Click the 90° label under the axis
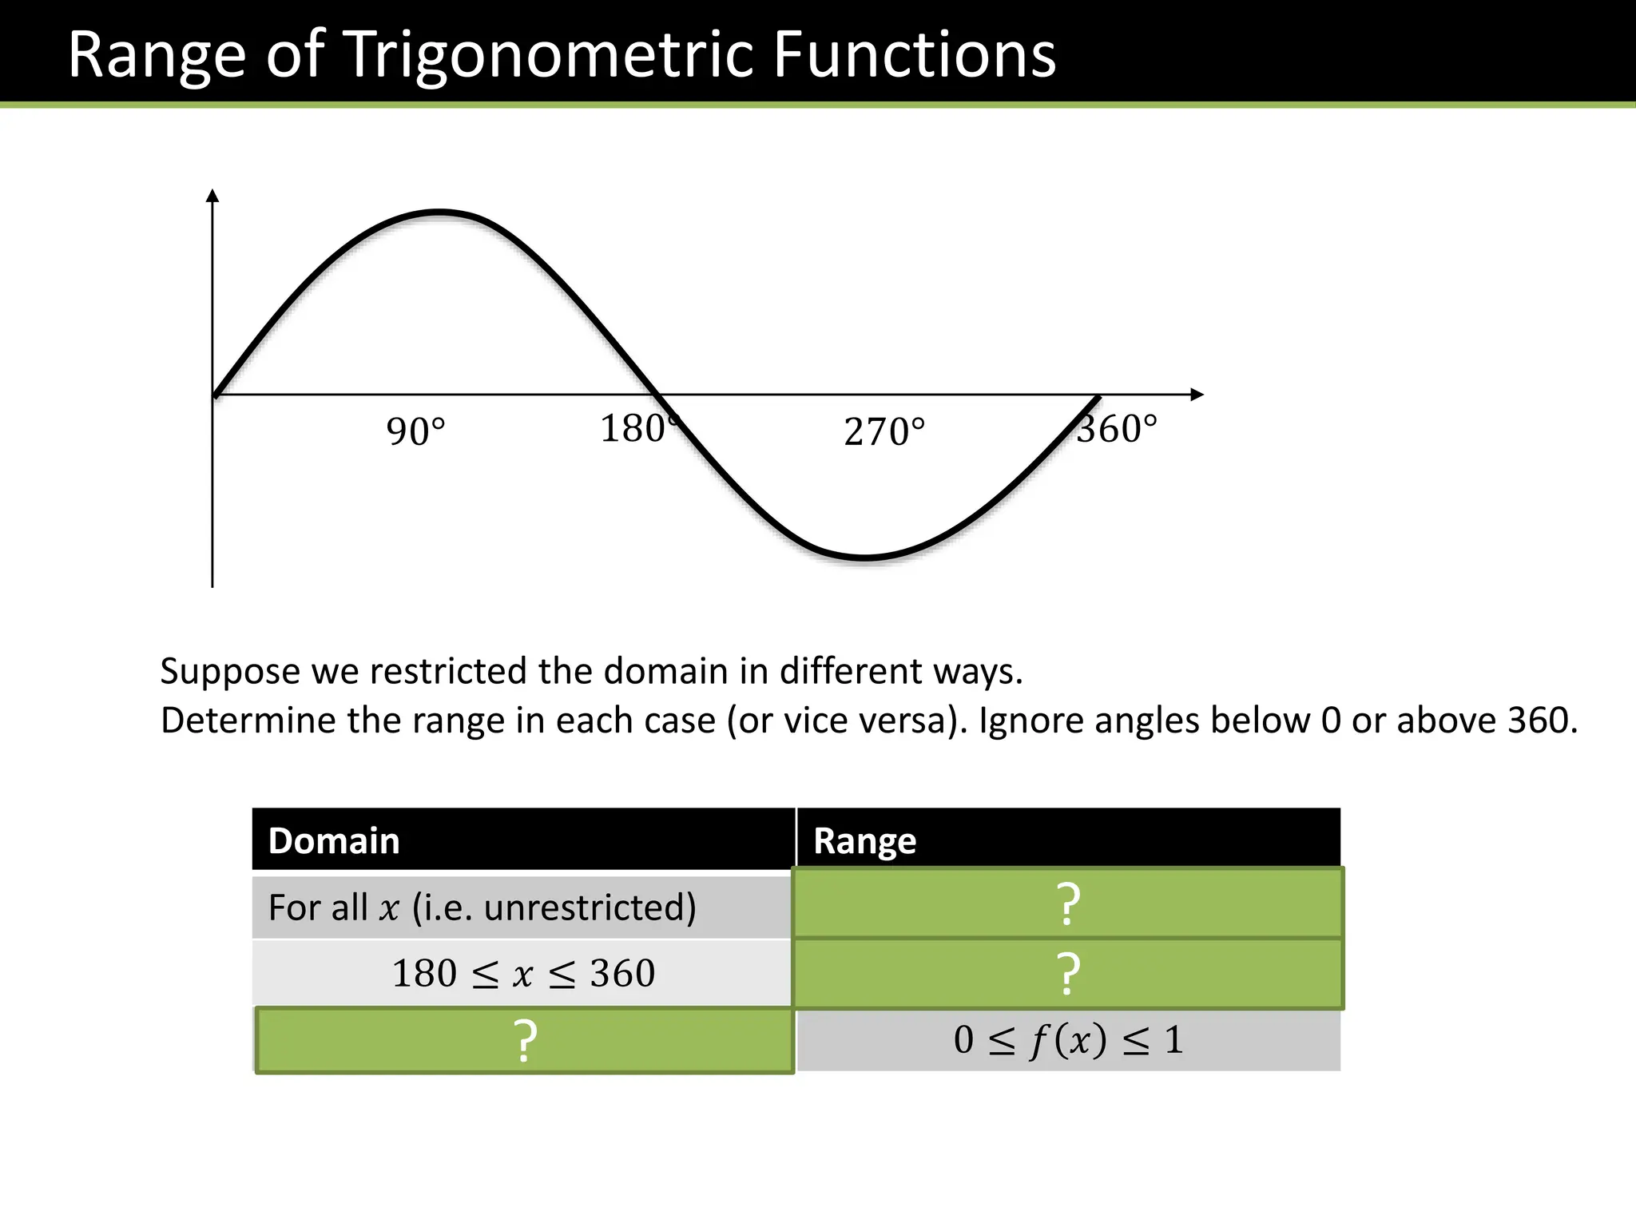415,431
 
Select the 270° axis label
884,432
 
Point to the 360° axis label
1117,429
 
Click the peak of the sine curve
439,212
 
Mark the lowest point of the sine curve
865,557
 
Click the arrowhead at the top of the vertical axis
212,196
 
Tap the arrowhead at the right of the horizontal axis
1196,395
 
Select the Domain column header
334,841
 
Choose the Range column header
864,841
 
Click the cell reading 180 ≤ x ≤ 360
523,974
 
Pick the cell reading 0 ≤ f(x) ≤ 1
1068,1040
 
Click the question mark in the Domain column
524,1041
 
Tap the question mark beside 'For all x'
1068,903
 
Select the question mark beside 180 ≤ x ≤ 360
1068,973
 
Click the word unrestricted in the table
590,907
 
